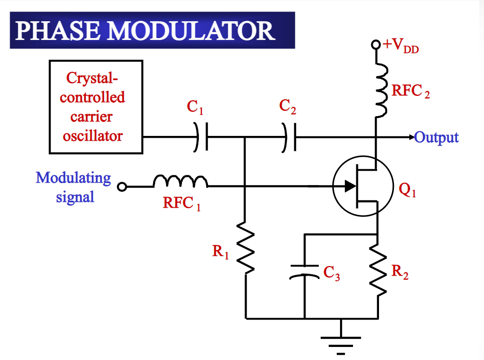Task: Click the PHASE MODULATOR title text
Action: click(145, 30)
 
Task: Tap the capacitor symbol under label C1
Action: click(201, 136)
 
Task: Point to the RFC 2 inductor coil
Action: click(381, 91)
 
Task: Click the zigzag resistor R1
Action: click(246, 248)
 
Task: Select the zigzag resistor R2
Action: click(378, 269)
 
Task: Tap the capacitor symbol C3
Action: click(304, 272)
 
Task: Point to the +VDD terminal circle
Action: click(376, 44)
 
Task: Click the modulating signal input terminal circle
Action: click(122, 187)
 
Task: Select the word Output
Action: click(436, 138)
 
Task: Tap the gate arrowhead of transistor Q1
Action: click(350, 186)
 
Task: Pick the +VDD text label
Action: click(401, 46)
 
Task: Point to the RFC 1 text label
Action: click(182, 203)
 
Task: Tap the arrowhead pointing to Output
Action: click(412, 137)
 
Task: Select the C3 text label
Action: click(331, 273)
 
